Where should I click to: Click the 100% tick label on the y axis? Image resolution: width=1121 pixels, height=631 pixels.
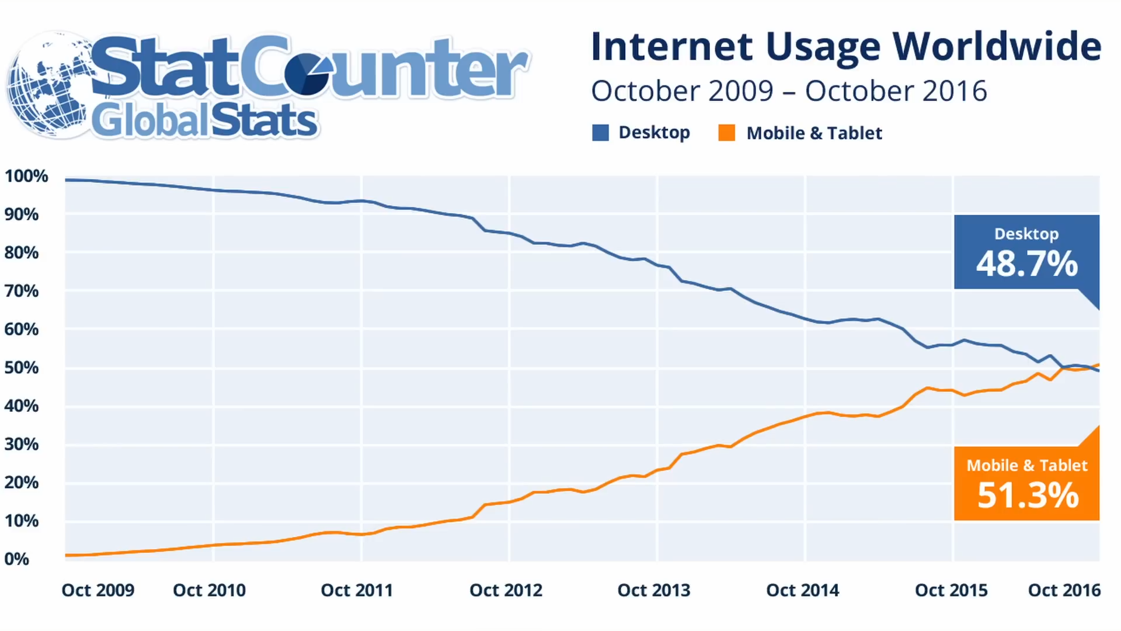click(x=26, y=176)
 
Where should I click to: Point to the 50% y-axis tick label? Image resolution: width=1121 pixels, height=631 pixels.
click(x=22, y=367)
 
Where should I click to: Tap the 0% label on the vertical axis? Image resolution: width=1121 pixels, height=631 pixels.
click(x=17, y=559)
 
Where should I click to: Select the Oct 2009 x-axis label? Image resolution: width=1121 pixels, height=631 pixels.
click(x=98, y=590)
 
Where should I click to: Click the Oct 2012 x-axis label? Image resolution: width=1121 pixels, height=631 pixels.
click(x=506, y=590)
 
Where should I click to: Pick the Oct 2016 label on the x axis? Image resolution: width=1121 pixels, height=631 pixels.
click(x=1064, y=590)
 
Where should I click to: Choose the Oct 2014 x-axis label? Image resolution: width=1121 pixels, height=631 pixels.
click(x=802, y=590)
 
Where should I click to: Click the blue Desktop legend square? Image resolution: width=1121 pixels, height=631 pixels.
click(x=600, y=133)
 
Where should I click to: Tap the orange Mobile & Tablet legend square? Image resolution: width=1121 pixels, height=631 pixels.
click(x=727, y=133)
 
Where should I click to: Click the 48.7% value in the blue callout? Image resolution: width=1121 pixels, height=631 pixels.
click(x=1027, y=264)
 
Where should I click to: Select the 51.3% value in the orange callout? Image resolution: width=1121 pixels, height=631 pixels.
click(x=1028, y=495)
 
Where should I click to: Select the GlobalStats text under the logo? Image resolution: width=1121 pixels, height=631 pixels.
click(x=204, y=121)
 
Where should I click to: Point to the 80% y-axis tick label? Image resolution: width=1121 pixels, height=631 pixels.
click(x=22, y=252)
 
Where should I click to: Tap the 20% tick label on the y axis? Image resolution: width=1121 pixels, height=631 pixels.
click(x=22, y=483)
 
